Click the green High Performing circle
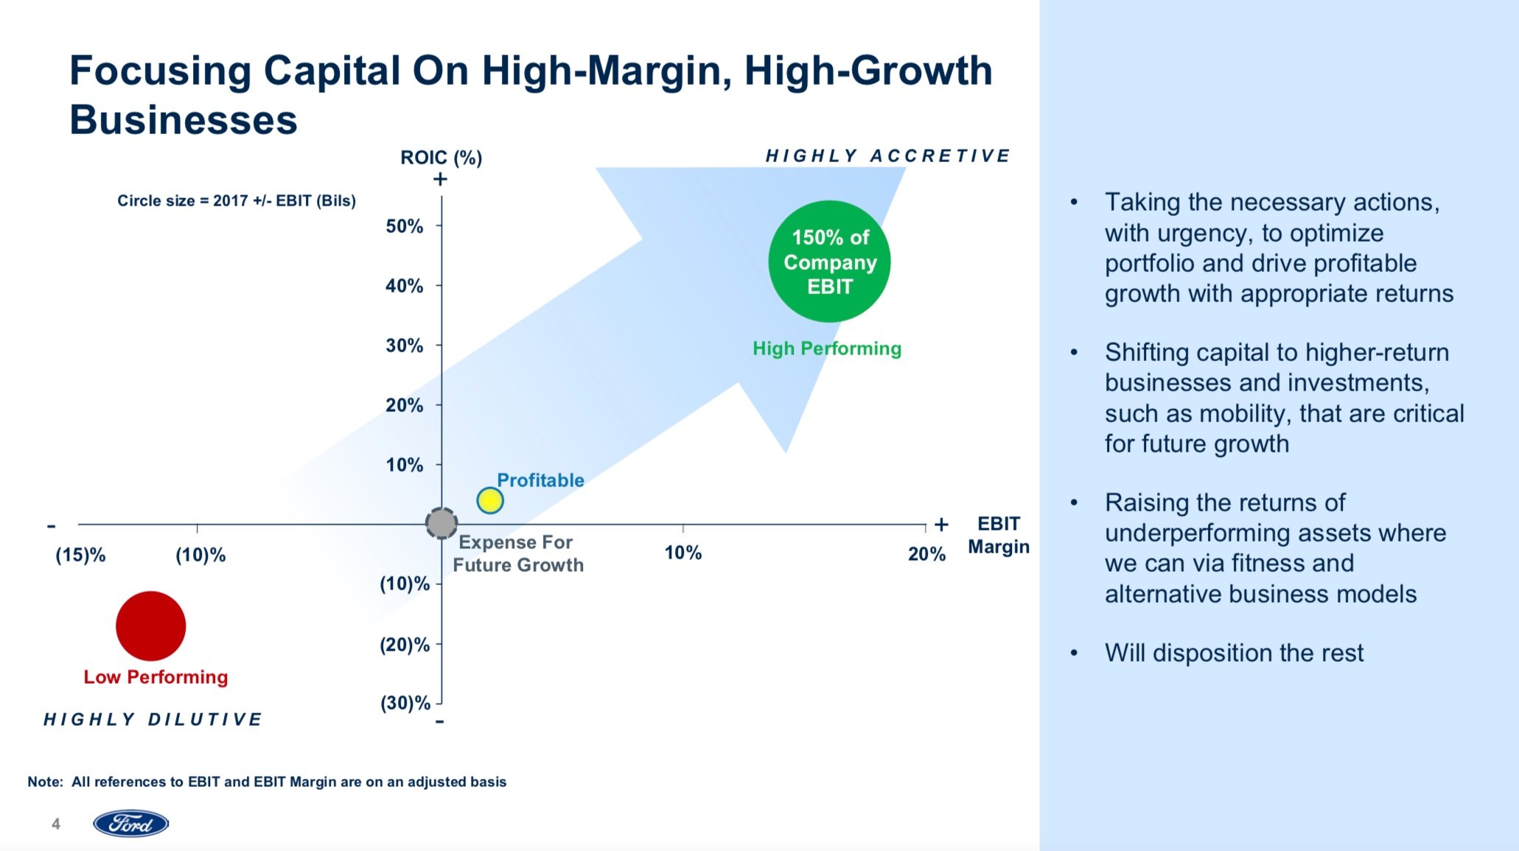829,262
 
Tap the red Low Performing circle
150,626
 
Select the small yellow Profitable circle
490,501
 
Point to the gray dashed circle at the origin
441,524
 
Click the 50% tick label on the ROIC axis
405,226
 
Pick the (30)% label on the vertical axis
405,703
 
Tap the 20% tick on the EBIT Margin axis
926,554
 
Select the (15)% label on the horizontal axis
80,555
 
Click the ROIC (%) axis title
441,158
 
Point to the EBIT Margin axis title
999,535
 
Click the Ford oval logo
131,824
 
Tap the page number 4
56,824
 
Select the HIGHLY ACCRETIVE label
887,155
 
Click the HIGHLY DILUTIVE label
153,719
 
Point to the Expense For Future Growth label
517,553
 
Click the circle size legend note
237,200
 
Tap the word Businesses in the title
184,120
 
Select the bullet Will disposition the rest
1234,653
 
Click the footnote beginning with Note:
267,782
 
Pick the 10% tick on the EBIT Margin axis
682,553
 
